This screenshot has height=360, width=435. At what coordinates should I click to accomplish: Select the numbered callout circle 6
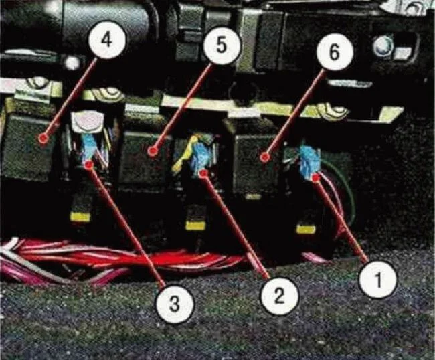click(335, 52)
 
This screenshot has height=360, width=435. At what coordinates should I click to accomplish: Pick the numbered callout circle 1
click(378, 279)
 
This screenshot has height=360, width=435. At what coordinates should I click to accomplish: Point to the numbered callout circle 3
click(174, 304)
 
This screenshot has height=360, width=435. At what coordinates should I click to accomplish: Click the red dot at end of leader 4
click(43, 138)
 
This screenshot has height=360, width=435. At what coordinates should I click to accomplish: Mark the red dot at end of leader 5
click(152, 151)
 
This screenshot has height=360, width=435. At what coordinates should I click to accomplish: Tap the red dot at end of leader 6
click(265, 157)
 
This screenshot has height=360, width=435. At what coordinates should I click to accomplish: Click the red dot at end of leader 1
click(316, 178)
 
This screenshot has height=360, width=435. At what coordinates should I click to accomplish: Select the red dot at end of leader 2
click(204, 173)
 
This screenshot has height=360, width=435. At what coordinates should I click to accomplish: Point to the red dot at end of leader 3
click(89, 165)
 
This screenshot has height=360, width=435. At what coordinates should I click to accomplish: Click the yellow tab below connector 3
click(80, 217)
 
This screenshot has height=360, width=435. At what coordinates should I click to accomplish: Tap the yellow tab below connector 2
click(195, 226)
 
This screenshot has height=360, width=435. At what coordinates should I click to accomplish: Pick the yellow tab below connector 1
click(307, 229)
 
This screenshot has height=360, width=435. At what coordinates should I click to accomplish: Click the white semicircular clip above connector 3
click(86, 121)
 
